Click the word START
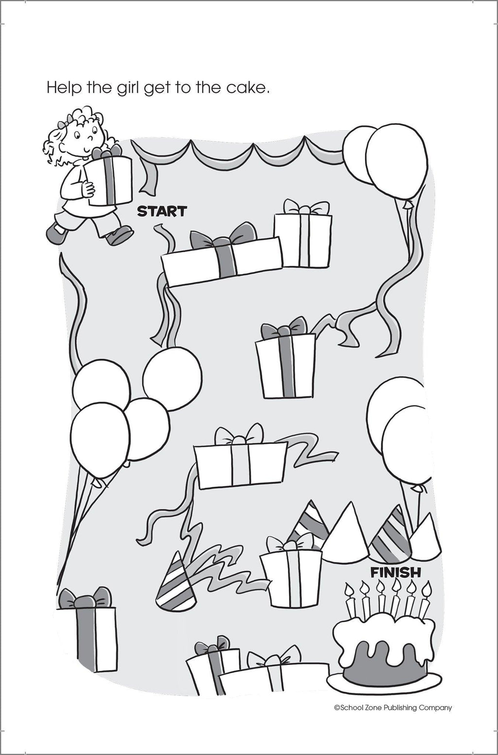[x=162, y=211]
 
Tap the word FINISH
[x=395, y=572]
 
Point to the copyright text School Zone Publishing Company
[x=393, y=698]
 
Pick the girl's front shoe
[x=119, y=235]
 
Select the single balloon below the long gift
[x=172, y=379]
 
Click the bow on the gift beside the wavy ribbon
[x=239, y=435]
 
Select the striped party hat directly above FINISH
[x=391, y=538]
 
